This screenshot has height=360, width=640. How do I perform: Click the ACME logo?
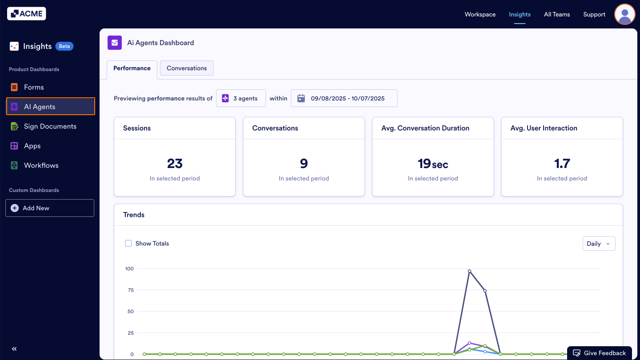click(27, 14)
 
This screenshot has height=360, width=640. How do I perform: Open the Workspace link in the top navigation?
click(480, 14)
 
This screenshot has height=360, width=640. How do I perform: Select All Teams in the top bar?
click(556, 14)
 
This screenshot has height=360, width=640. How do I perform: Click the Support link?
click(594, 14)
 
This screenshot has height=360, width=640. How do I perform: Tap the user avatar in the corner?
click(624, 14)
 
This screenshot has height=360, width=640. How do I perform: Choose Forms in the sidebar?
click(34, 87)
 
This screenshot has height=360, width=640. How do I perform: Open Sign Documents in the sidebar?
click(50, 126)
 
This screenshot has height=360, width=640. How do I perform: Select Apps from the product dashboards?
click(32, 146)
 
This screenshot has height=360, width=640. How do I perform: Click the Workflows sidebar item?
click(41, 165)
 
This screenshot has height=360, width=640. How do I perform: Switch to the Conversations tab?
click(187, 68)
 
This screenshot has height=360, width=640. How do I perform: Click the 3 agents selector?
click(241, 98)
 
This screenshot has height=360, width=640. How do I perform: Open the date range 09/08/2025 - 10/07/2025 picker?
click(344, 98)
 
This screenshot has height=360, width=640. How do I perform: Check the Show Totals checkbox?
click(128, 244)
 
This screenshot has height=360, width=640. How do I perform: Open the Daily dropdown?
click(599, 244)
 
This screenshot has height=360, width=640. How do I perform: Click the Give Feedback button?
click(599, 353)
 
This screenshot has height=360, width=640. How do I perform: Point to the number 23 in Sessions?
click(175, 164)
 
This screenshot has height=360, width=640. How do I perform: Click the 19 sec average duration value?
click(432, 164)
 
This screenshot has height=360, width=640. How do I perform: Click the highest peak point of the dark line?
click(469, 271)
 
